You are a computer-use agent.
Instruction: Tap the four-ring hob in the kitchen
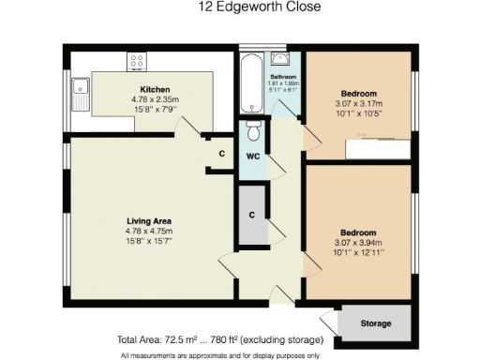click(x=136, y=61)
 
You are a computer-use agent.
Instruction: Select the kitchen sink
click(x=79, y=93)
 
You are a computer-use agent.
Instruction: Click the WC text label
click(x=252, y=156)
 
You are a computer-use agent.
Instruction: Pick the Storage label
click(x=375, y=323)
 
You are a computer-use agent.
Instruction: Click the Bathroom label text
click(x=283, y=77)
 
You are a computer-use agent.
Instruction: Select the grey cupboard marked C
click(x=251, y=215)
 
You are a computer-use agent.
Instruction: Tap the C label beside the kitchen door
click(x=221, y=153)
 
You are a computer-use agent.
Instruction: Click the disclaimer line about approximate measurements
click(x=220, y=354)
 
